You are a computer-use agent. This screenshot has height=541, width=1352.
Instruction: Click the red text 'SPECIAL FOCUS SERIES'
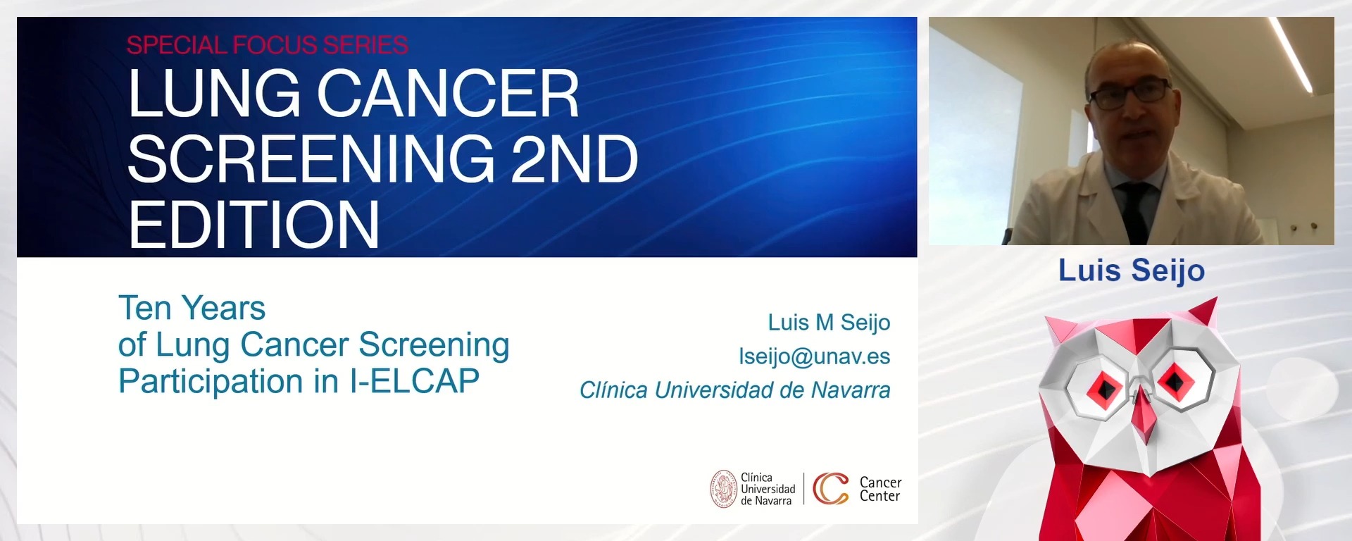pos(267,45)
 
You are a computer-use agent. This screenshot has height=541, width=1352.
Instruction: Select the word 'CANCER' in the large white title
pos(448,94)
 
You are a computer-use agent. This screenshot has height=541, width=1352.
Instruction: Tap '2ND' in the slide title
pos(574,159)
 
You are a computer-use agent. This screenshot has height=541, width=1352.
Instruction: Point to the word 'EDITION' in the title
pos(254,225)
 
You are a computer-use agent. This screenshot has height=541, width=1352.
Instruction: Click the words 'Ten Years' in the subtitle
pos(192,308)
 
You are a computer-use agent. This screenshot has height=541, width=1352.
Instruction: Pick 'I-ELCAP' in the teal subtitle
pos(414,381)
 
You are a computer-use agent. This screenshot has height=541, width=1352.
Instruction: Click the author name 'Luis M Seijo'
pos(828,323)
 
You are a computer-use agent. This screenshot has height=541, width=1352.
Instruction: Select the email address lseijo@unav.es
pos(814,356)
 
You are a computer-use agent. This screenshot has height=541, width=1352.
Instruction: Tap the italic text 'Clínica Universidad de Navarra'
pos(734,390)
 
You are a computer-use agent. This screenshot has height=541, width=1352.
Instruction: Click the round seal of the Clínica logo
pos(723,489)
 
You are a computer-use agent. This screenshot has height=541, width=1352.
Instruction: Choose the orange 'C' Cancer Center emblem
pos(830,489)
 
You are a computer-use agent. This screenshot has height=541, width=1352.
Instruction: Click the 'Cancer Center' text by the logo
pos(880,489)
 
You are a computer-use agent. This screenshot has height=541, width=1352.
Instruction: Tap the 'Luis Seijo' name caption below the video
pos(1131,270)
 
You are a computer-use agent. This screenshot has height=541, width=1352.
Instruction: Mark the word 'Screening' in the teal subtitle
pos(434,344)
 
